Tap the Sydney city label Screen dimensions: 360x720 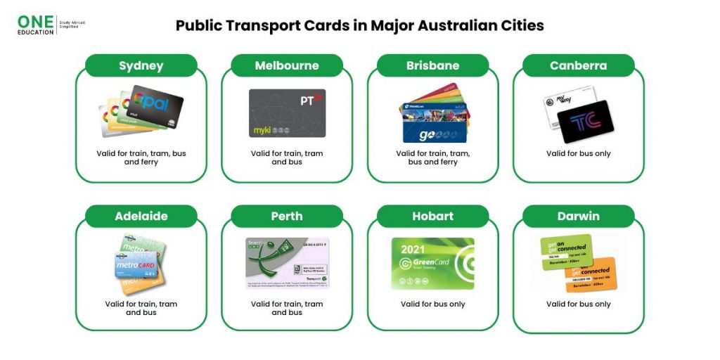point(141,66)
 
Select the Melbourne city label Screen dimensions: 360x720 point(287,66)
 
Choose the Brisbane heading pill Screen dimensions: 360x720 point(432,66)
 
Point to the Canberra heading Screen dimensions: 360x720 point(578,66)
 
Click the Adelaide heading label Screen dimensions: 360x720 point(141,216)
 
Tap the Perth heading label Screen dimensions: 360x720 point(287,216)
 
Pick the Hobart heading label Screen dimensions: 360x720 point(432,216)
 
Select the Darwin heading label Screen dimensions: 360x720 point(578,216)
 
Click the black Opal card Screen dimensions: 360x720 point(156,105)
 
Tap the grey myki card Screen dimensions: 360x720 point(287,112)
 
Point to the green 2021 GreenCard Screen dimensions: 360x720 point(432,263)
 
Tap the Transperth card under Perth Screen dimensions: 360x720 point(287,263)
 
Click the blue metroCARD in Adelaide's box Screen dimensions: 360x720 point(136,266)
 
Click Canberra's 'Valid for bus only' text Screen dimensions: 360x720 point(578,153)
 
